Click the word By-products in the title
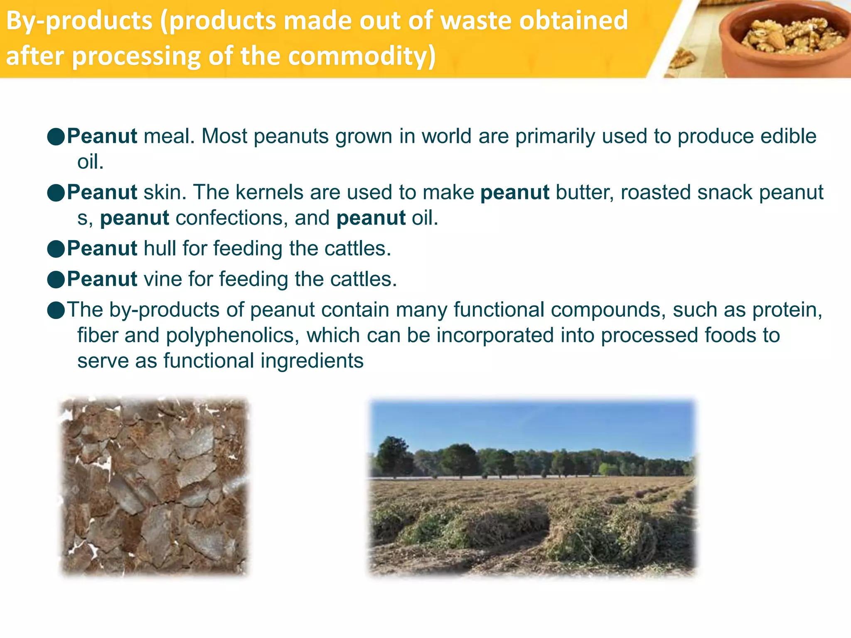point(79,21)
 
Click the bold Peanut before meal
point(102,136)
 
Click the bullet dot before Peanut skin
point(56,193)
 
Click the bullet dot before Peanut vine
point(56,279)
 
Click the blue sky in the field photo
point(532,424)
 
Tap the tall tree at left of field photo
point(393,455)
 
